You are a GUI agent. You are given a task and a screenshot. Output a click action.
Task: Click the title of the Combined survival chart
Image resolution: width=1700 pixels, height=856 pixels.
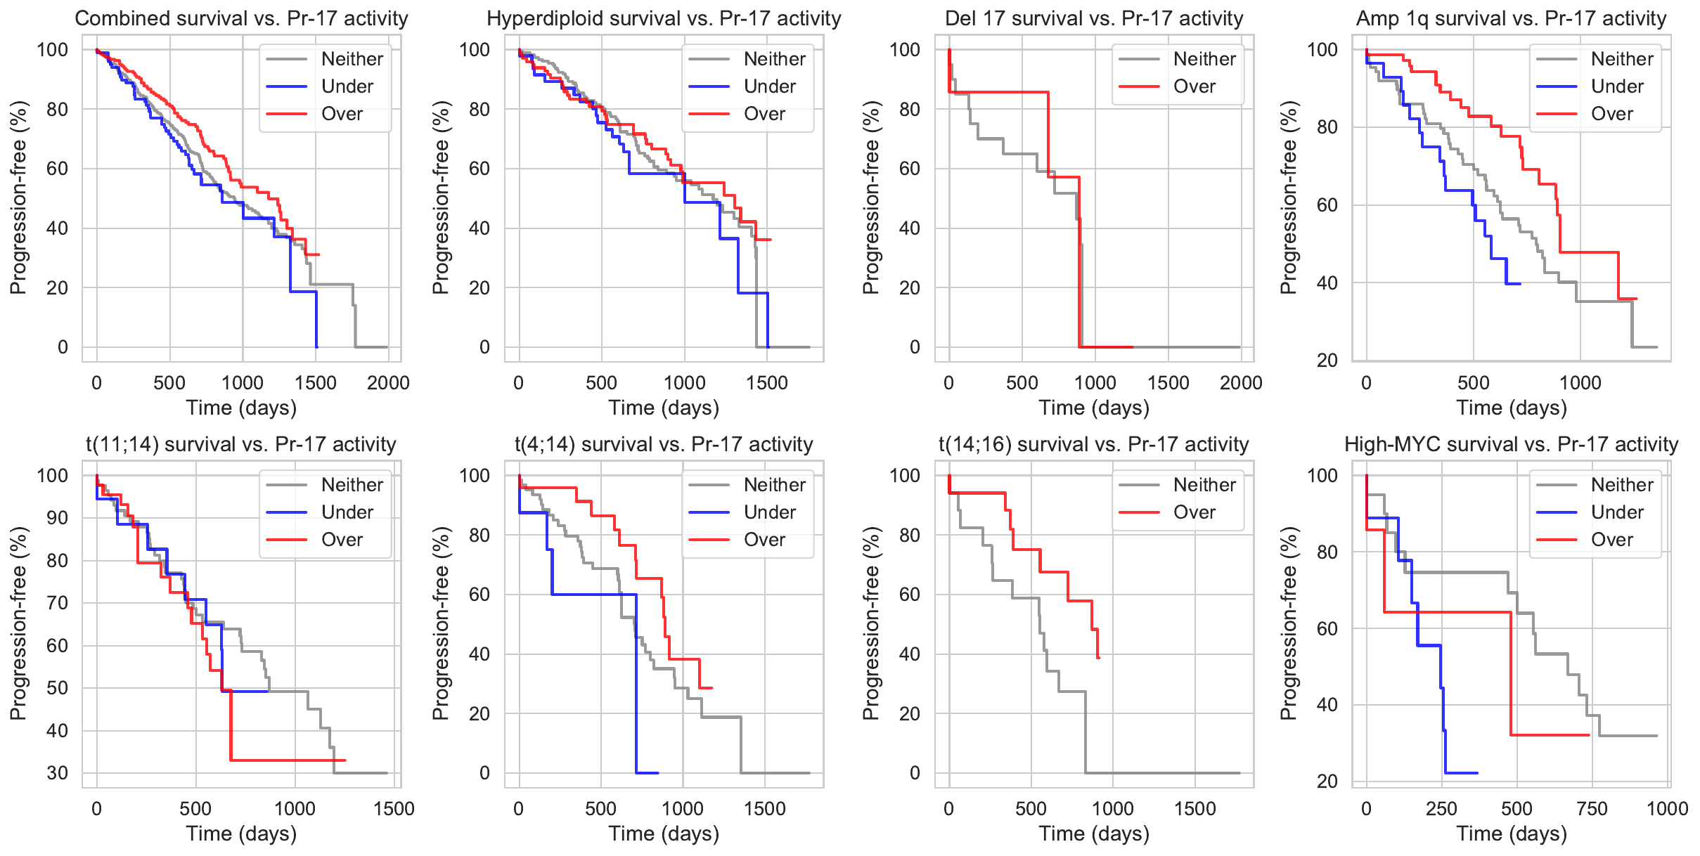pos(241,18)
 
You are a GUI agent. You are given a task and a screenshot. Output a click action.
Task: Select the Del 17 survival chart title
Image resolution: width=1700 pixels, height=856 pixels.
pos(1094,18)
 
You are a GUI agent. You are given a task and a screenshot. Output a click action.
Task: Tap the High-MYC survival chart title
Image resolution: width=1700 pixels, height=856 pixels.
pos(1511,444)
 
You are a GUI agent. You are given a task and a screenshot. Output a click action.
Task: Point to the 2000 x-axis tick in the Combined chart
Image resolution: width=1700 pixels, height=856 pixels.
pos(388,383)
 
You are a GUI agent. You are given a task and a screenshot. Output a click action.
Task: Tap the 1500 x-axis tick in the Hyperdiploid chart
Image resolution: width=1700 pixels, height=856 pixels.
pos(767,383)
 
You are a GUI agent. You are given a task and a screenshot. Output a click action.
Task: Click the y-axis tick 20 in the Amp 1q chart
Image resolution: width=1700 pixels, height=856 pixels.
pos(1327,361)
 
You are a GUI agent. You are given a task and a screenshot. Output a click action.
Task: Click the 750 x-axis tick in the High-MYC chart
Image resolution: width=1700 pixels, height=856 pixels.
pos(1592,809)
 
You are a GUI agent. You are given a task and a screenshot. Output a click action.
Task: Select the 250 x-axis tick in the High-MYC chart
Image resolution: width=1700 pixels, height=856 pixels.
pos(1441,809)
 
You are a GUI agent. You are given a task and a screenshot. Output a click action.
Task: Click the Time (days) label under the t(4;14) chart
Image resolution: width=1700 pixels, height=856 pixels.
pos(664,834)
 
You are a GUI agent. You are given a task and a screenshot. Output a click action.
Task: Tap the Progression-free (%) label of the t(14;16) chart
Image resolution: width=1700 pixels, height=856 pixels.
pos(870,623)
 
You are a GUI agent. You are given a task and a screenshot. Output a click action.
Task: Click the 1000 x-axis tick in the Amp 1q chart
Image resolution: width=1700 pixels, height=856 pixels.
pos(1580,383)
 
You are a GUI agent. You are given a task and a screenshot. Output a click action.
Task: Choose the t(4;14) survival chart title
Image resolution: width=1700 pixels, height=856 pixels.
pos(664,444)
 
